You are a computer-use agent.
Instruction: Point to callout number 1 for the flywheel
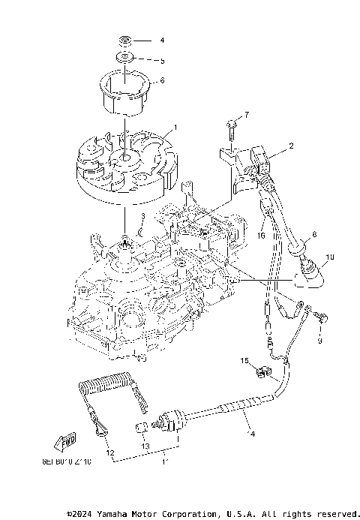click(175, 127)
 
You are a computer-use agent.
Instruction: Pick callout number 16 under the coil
click(262, 235)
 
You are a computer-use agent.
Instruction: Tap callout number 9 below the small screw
click(317, 341)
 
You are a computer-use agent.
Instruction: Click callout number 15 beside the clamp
click(244, 362)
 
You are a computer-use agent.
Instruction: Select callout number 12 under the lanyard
click(109, 453)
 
